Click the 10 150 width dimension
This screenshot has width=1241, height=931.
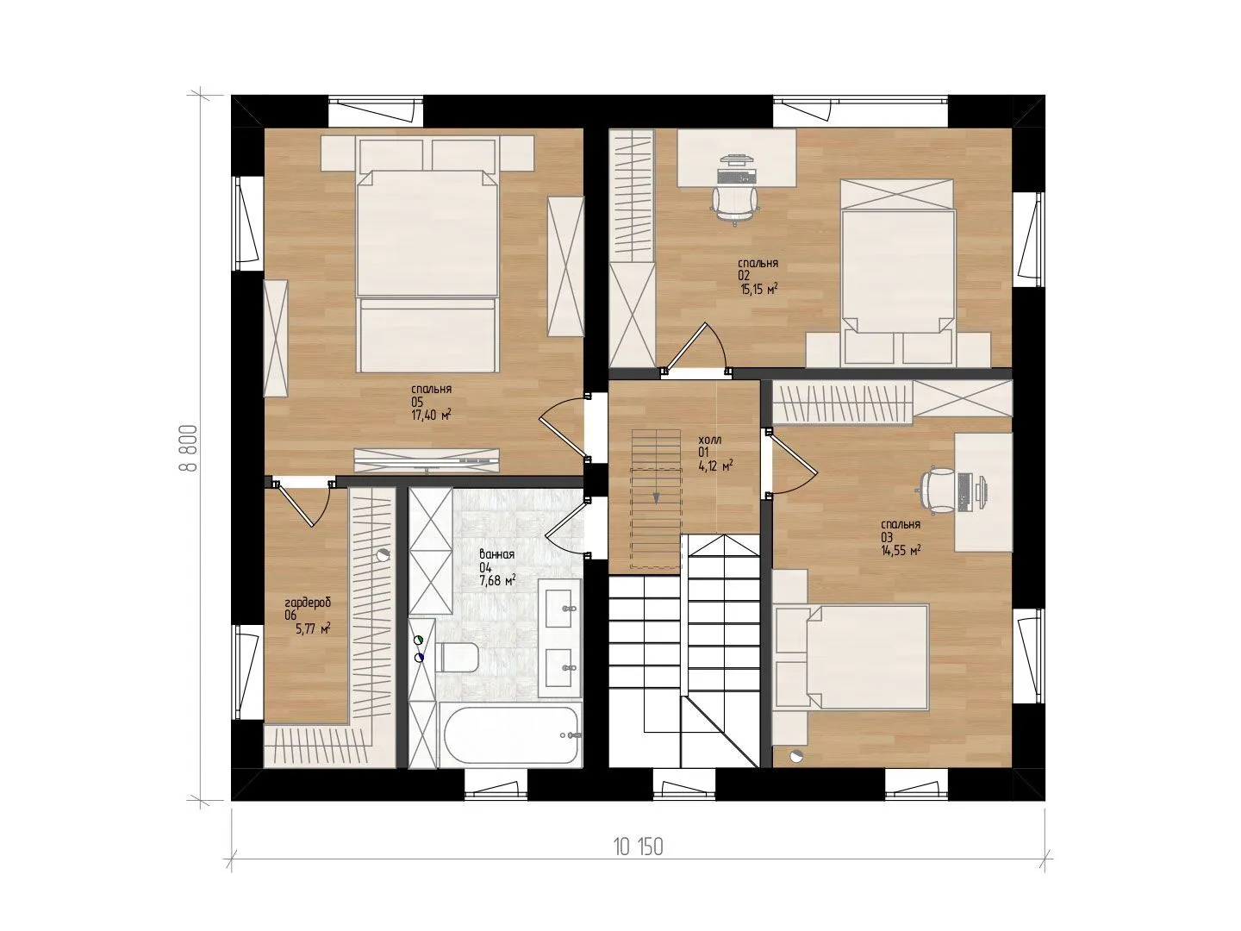638,863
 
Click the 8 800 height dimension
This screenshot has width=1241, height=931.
190,448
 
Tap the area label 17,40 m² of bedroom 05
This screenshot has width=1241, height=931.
431,416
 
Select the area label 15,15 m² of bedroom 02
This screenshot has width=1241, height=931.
758,290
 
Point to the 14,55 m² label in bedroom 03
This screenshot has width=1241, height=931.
901,551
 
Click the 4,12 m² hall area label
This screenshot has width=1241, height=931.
716,465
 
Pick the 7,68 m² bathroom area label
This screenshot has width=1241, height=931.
497,580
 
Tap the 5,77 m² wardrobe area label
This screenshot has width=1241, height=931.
313,628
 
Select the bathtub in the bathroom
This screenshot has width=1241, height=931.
510,734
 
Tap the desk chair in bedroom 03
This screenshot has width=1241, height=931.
938,490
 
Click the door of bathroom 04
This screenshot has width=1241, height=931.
565,526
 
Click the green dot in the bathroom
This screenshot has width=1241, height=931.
418,640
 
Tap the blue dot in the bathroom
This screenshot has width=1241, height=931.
418,658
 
